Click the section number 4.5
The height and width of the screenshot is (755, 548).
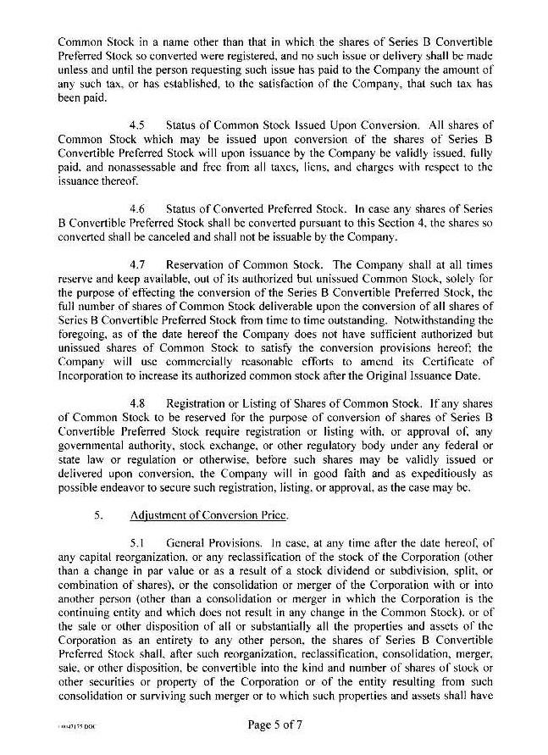(x=140, y=125)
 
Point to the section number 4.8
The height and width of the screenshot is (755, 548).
(x=140, y=404)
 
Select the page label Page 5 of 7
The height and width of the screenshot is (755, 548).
(x=274, y=725)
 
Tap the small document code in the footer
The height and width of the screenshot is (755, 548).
(x=73, y=727)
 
